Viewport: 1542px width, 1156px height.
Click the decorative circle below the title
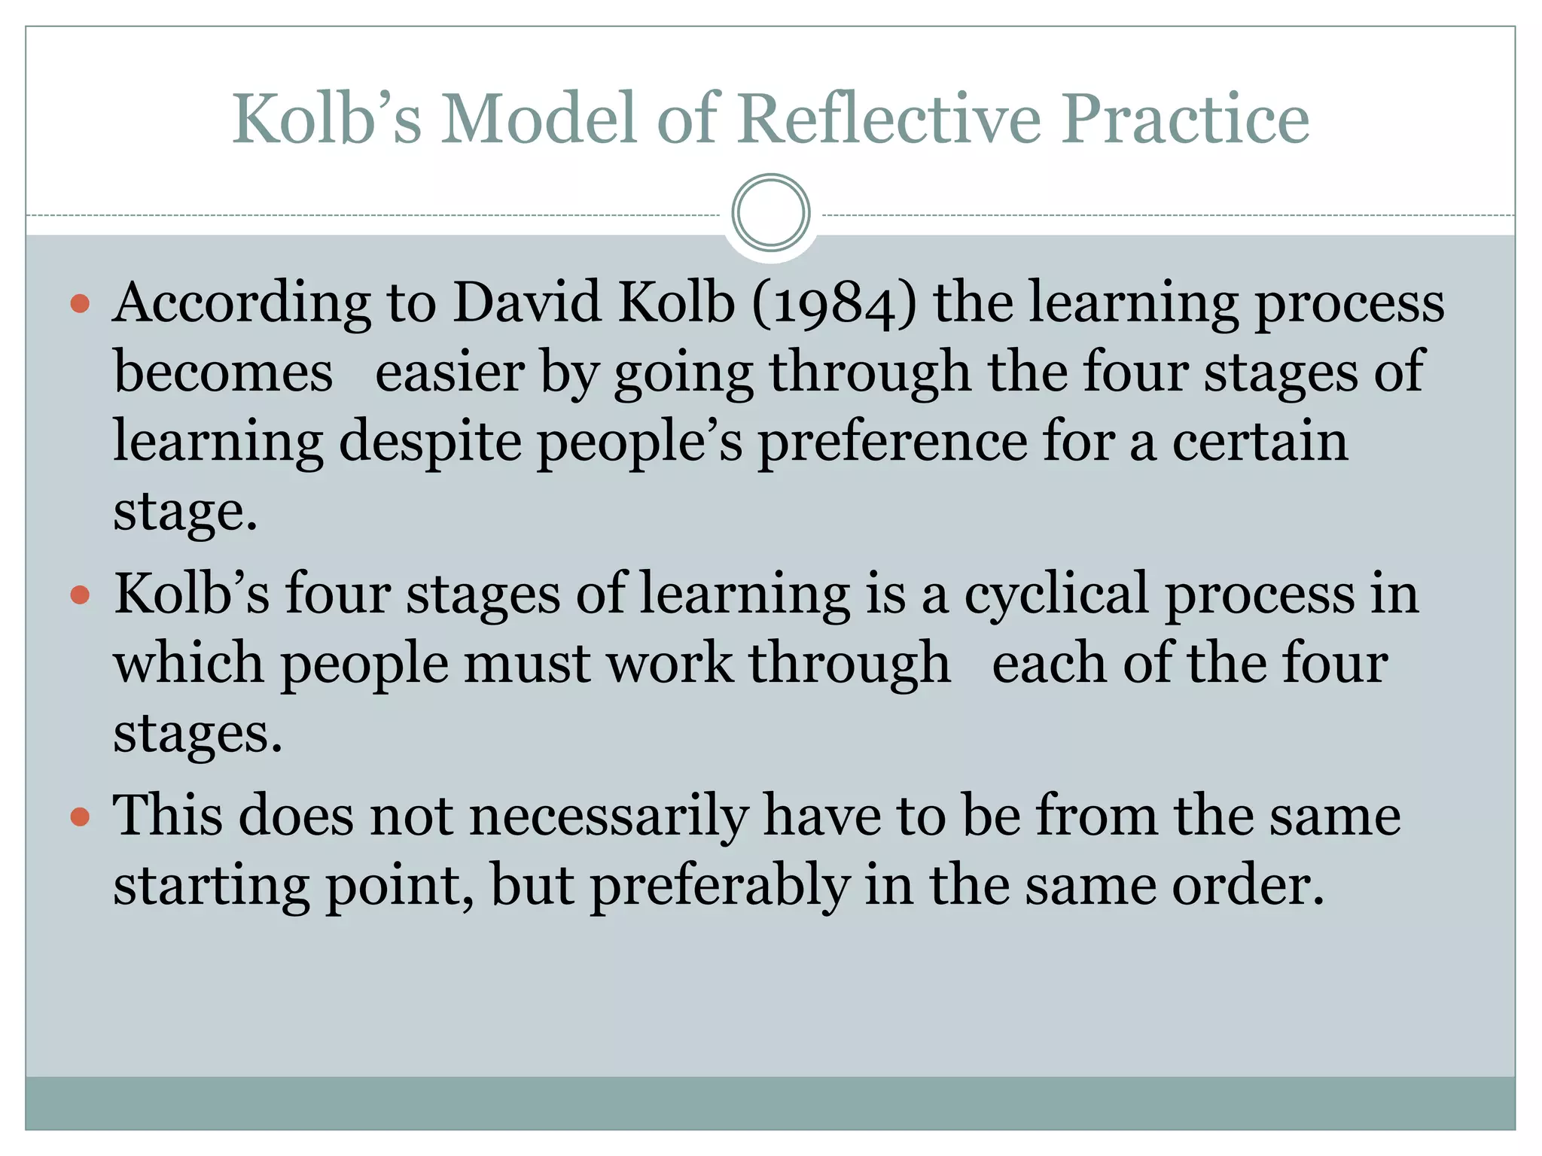click(770, 213)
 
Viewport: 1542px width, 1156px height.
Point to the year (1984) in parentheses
click(834, 303)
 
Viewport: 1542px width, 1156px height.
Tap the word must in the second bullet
click(527, 665)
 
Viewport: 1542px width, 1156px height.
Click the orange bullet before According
click(80, 304)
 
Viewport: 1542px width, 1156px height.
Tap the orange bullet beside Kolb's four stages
click(80, 596)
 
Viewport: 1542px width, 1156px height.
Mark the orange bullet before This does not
click(80, 817)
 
